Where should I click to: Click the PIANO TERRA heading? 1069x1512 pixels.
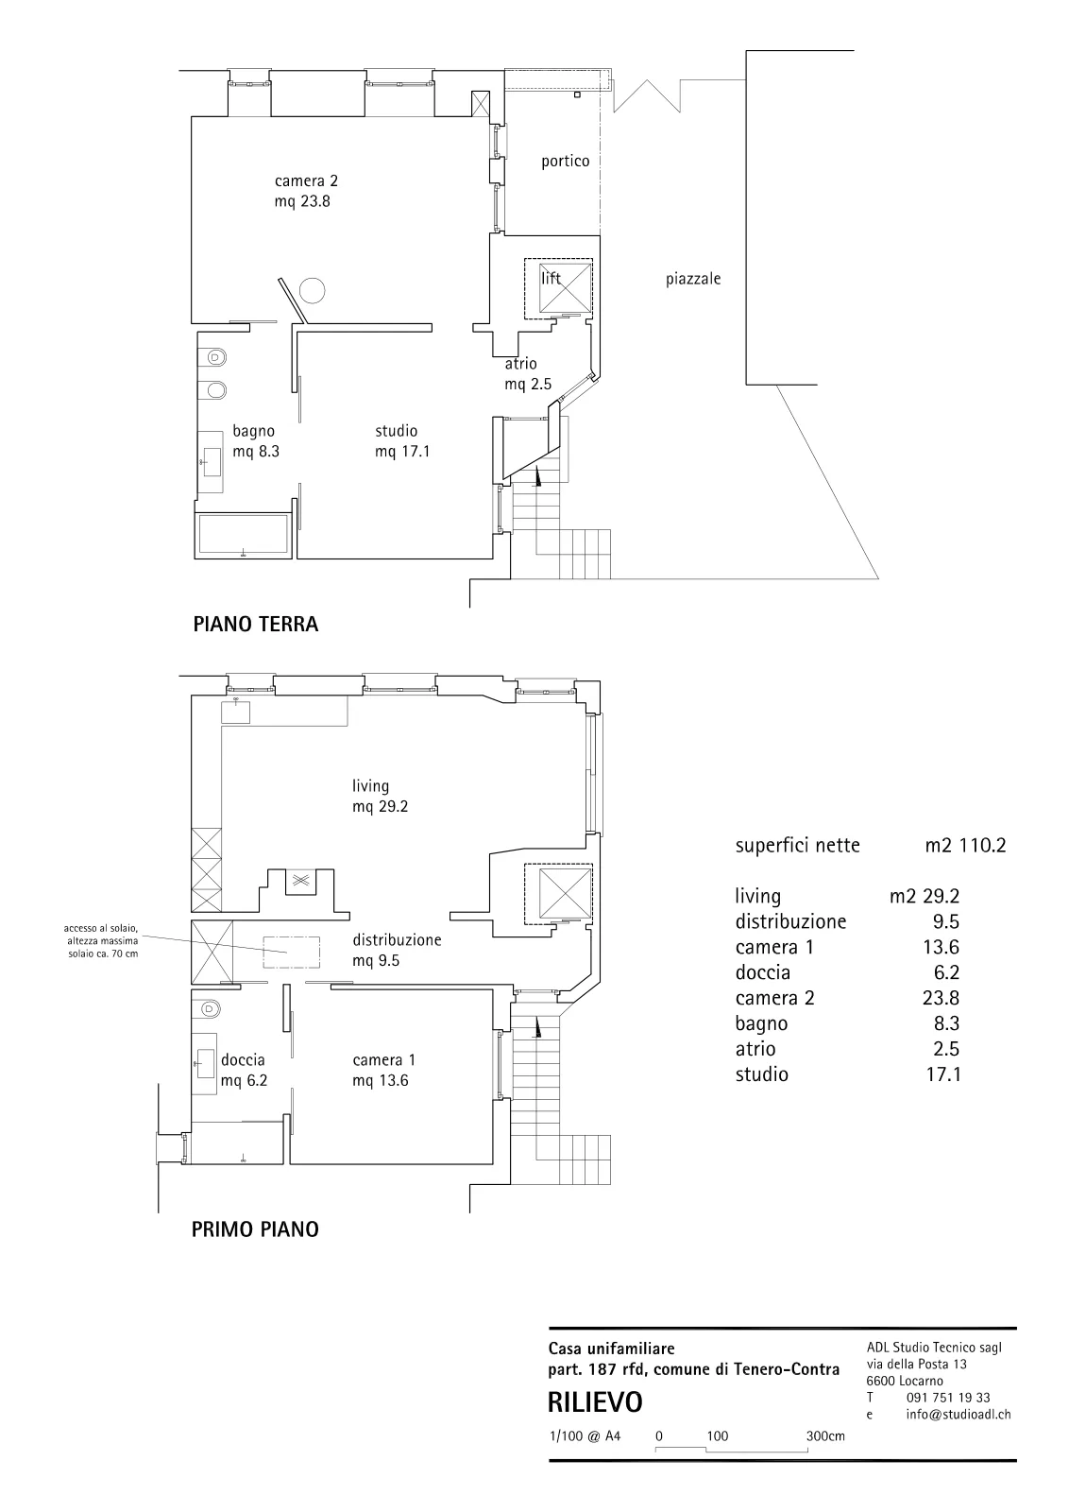coord(256,624)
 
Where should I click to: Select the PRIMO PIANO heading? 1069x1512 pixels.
coord(255,1229)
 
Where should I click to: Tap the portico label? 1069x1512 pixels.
coord(565,162)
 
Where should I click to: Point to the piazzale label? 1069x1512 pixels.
coord(693,279)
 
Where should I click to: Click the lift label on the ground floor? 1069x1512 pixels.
coord(551,278)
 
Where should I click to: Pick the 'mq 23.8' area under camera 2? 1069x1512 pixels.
coord(302,201)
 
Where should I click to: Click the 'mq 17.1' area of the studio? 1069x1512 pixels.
coord(402,452)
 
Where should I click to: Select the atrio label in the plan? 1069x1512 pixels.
coord(520,364)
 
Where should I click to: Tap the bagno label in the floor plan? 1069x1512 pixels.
coord(254,431)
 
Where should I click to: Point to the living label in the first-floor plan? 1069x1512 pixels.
coord(370,786)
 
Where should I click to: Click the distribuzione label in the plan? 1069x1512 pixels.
coord(398,939)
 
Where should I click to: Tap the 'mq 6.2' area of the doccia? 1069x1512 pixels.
coord(245,1081)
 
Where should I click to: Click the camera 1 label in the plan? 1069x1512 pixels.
coord(383,1059)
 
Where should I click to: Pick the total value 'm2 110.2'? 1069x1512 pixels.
coord(965,845)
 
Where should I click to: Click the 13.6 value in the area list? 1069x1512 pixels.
coord(941,947)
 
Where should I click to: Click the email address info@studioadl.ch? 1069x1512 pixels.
coord(959,1414)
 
